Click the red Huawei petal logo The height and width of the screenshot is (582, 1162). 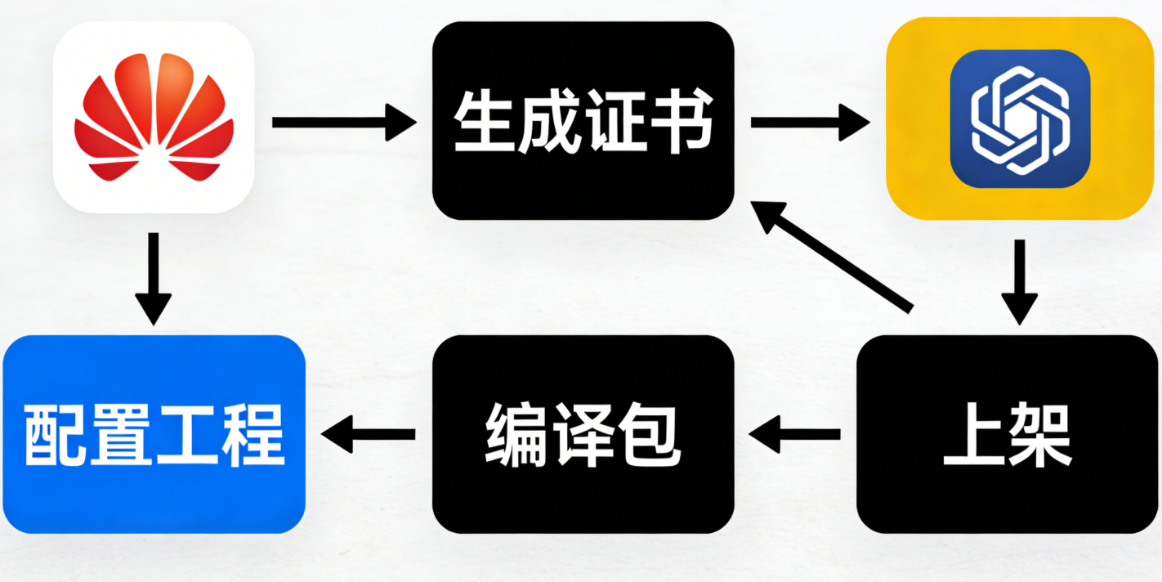click(x=154, y=116)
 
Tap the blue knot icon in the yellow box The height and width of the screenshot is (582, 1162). click(x=1020, y=119)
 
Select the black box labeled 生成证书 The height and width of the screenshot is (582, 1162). click(x=583, y=121)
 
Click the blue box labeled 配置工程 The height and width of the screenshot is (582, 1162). click(x=154, y=434)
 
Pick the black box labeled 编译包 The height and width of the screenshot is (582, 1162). click(x=583, y=434)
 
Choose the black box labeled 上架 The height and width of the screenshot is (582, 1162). click(x=1008, y=434)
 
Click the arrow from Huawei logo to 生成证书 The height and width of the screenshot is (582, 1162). click(x=343, y=123)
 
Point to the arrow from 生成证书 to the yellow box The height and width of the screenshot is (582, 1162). click(x=809, y=123)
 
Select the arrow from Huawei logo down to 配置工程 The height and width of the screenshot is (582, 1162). click(x=153, y=278)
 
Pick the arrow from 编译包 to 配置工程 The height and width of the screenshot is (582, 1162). click(x=369, y=433)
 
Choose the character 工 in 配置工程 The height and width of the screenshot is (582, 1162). click(x=187, y=434)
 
